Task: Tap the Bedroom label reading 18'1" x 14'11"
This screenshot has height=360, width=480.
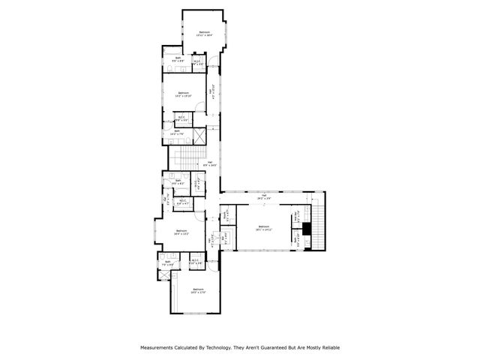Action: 263,227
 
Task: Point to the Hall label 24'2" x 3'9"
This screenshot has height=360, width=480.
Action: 264,196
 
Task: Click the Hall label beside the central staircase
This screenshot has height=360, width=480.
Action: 212,163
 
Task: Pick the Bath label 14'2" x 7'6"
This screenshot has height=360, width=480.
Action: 178,132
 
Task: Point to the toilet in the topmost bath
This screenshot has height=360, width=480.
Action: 170,68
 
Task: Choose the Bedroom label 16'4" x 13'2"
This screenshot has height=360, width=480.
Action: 181,232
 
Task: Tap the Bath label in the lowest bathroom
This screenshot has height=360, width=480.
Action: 168,262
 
